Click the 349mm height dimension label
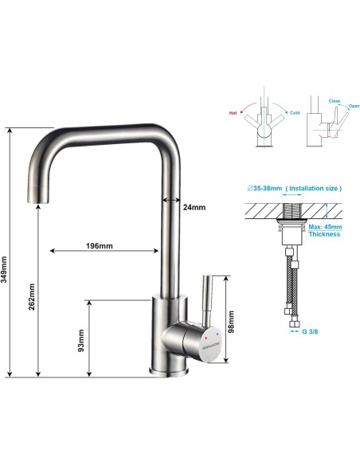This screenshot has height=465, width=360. pyautogui.click(x=6, y=269)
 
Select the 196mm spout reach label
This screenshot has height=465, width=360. pyautogui.click(x=100, y=245)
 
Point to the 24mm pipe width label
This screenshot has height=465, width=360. pyautogui.click(x=194, y=207)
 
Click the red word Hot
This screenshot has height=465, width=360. pyautogui.click(x=233, y=112)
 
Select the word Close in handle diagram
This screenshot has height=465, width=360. pyautogui.click(x=335, y=102)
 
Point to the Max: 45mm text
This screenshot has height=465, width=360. pyautogui.click(x=324, y=225)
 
